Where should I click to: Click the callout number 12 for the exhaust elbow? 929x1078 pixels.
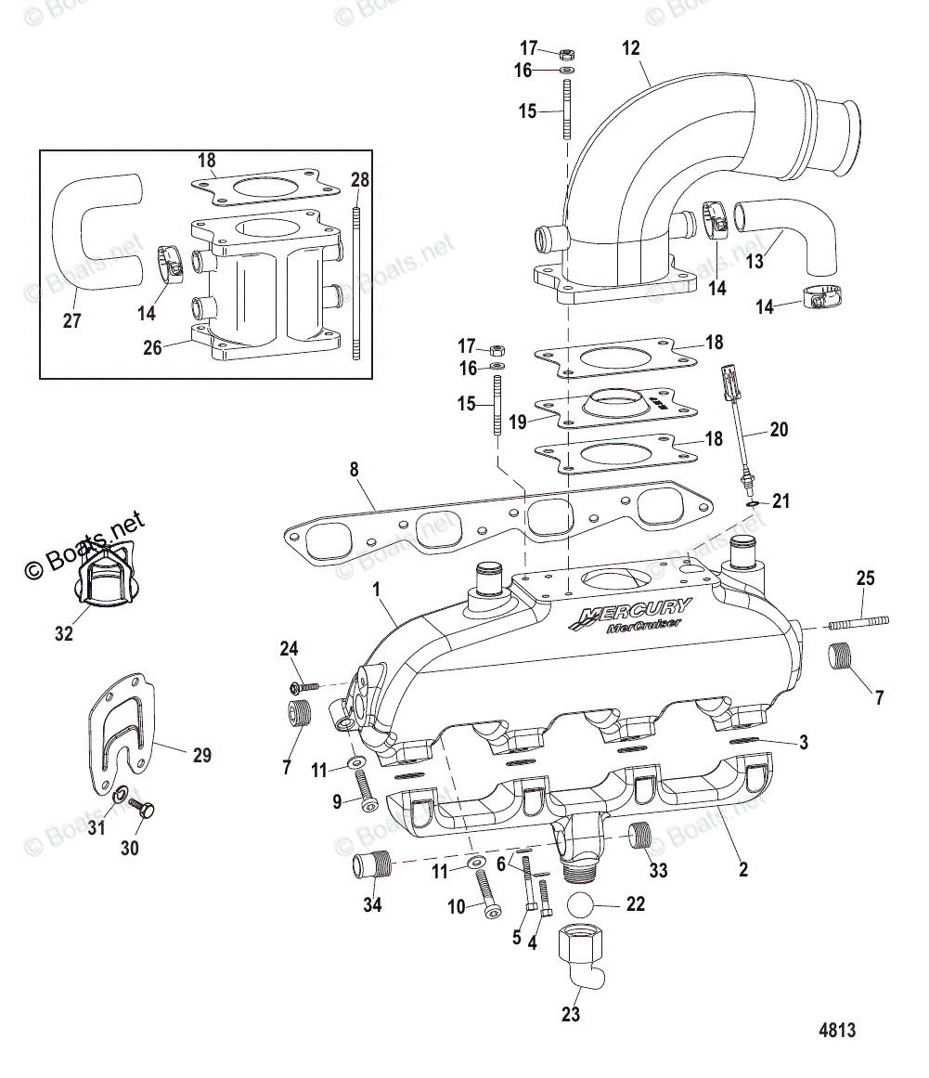[631, 48]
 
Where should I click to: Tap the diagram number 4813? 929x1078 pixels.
[836, 1031]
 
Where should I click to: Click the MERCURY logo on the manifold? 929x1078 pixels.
[633, 615]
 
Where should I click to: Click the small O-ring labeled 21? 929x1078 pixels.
[751, 502]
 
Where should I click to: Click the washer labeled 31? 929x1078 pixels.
[120, 797]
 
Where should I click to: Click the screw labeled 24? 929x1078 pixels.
[304, 687]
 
